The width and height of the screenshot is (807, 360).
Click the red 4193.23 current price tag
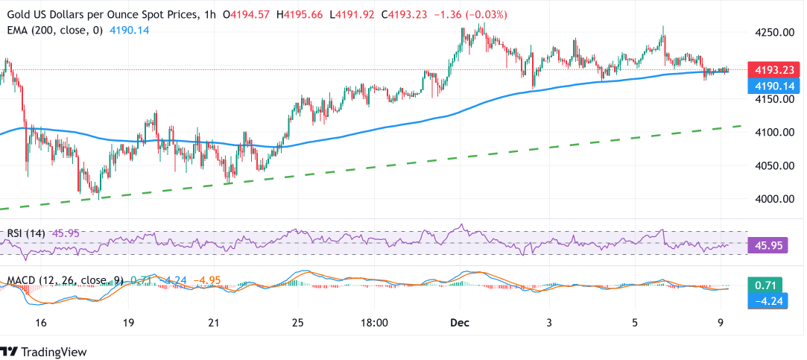776,70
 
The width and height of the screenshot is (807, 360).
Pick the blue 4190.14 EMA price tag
776,86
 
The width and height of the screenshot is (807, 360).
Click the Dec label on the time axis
459,323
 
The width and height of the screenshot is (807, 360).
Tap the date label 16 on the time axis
41,323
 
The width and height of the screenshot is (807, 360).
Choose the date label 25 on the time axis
297,323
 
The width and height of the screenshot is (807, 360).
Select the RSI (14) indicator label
26,233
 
